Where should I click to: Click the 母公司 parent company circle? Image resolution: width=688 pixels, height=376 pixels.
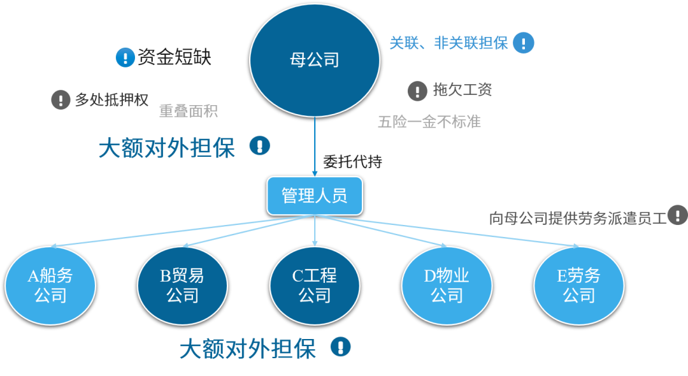(314, 60)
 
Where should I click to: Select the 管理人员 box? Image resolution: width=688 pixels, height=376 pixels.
(315, 196)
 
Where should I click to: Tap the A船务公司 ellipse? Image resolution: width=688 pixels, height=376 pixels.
(50, 286)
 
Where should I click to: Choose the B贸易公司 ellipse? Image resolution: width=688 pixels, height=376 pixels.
(182, 286)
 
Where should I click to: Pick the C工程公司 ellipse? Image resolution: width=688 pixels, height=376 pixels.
(315, 286)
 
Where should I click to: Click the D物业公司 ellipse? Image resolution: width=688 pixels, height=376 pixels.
(447, 286)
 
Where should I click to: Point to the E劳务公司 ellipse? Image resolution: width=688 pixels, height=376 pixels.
(578, 286)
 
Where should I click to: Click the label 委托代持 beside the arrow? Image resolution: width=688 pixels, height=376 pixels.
(352, 162)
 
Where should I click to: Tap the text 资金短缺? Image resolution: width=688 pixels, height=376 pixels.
(174, 58)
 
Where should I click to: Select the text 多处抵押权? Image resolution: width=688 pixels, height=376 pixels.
(111, 100)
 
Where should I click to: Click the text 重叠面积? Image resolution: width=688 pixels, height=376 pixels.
(189, 111)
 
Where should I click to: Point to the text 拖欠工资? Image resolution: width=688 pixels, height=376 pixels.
(462, 90)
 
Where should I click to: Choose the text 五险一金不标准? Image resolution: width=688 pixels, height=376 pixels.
(429, 122)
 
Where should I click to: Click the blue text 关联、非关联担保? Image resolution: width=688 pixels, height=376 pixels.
(448, 43)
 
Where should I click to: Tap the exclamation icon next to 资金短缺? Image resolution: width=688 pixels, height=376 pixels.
(125, 58)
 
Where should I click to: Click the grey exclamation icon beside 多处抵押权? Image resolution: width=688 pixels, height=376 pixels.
(61, 100)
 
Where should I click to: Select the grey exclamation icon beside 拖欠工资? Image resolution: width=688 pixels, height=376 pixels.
(417, 90)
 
